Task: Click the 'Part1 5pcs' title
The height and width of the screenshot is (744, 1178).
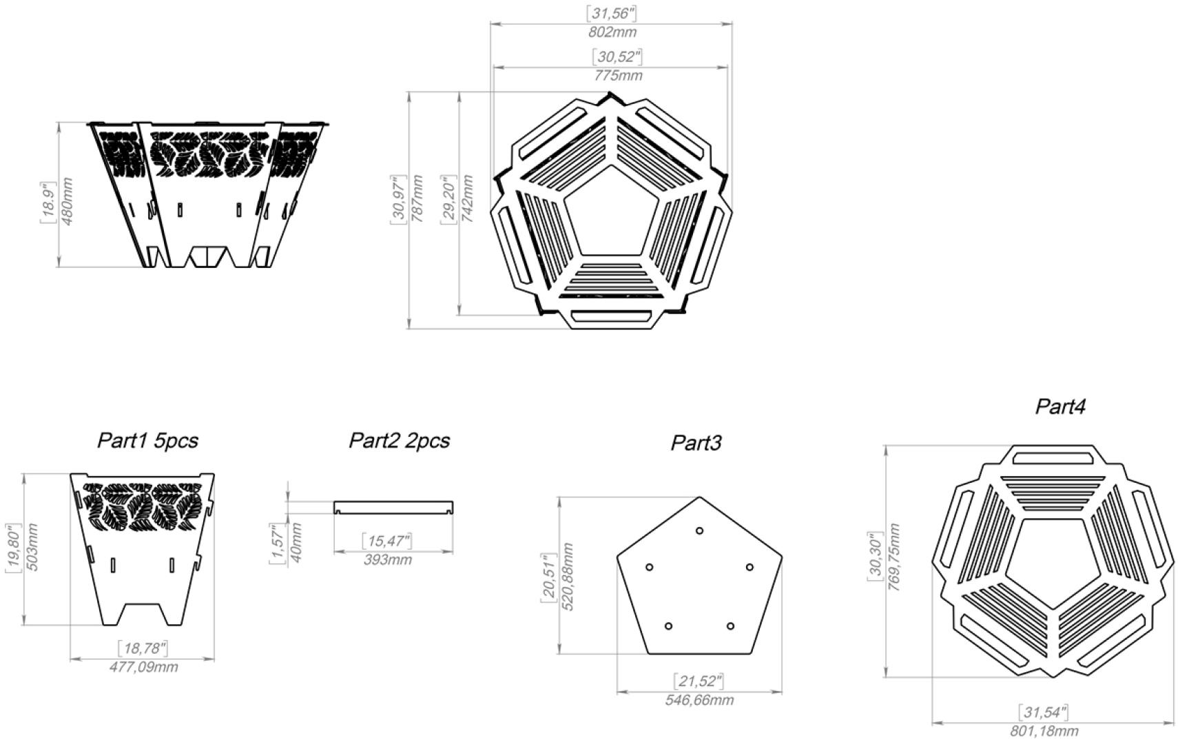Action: point(147,441)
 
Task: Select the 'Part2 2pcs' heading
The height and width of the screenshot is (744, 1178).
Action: point(399,441)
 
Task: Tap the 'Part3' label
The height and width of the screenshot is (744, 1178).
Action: point(696,443)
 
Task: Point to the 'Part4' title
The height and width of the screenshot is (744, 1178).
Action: point(1060,406)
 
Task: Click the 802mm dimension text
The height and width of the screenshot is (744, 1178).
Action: point(612,32)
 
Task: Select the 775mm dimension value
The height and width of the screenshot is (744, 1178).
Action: point(617,76)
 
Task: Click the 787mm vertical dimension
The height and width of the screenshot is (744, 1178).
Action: point(417,198)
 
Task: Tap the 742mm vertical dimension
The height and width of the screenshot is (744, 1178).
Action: point(467,198)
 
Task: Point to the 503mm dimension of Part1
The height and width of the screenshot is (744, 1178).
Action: point(31,547)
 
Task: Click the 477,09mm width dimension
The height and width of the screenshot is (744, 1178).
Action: point(143,667)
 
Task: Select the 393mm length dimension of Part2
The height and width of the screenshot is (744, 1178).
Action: point(387,559)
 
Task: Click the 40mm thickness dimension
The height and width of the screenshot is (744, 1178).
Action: point(296,542)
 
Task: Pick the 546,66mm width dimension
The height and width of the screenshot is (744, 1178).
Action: point(699,700)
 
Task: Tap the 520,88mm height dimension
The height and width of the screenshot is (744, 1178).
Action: point(568,577)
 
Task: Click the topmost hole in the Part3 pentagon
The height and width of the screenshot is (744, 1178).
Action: point(699,530)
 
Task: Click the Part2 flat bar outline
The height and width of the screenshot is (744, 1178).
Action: point(393,507)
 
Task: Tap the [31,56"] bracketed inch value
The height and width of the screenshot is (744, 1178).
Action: point(610,13)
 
